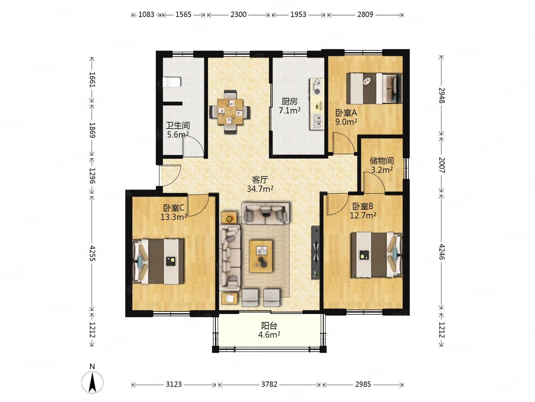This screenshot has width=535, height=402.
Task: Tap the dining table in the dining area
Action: click(230, 112)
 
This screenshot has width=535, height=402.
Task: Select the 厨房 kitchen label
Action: click(289, 102)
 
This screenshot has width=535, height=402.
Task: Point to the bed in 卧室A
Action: click(374, 88)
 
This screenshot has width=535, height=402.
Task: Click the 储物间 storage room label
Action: click(381, 161)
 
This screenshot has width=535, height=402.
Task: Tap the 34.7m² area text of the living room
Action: click(260, 189)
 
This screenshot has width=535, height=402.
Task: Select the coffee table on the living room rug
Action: click(260, 256)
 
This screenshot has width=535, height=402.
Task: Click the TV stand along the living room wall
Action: click(315, 253)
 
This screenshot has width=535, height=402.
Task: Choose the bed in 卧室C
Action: click(158, 262)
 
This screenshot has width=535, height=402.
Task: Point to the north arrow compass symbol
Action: click(92, 382)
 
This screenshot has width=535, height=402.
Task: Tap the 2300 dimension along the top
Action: click(238, 14)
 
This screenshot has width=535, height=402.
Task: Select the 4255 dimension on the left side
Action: click(92, 253)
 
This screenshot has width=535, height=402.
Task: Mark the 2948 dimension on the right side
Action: click(441, 95)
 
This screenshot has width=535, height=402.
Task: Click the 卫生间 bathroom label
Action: click(178, 126)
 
